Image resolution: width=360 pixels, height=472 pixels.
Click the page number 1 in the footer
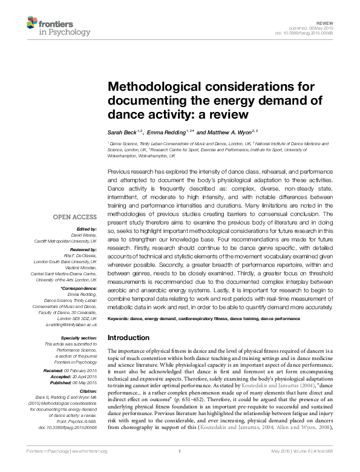[180, 467]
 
